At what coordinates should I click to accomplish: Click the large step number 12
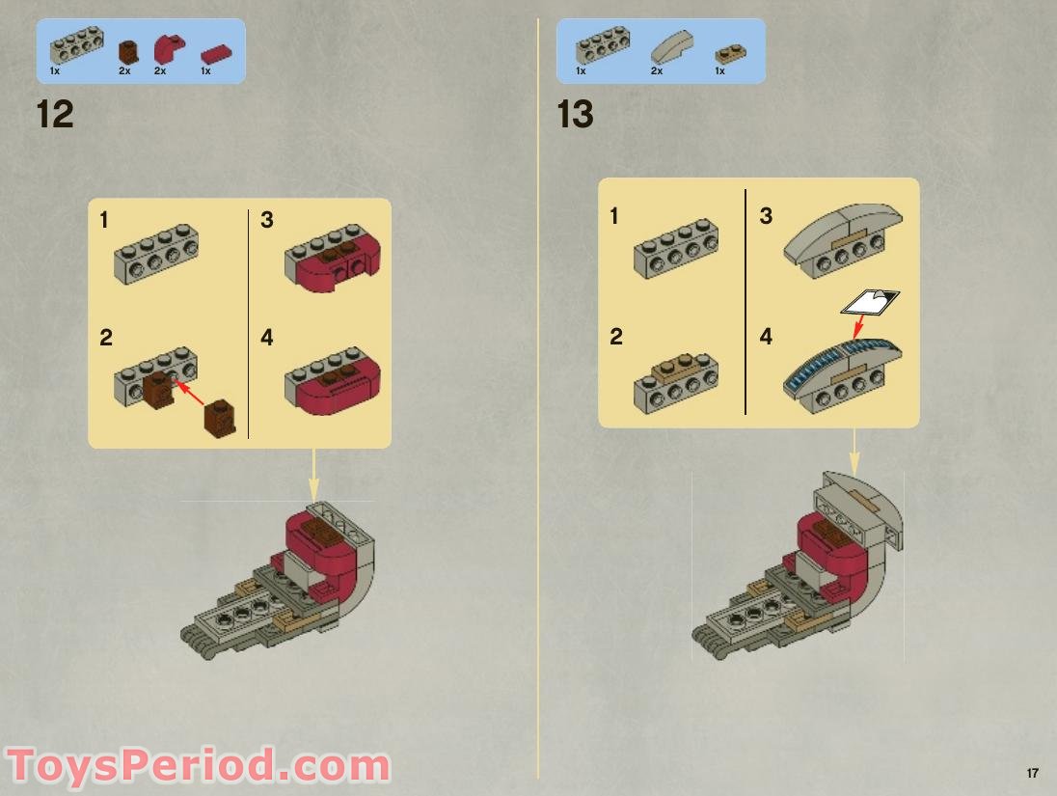pos(55,114)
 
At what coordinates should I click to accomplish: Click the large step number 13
pos(575,114)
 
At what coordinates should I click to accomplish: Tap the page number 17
pos(1032,773)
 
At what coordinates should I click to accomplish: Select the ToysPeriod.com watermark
pos(199,766)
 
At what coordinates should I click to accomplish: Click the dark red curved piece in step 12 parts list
pos(169,48)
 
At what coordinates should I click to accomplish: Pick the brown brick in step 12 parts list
pos(128,52)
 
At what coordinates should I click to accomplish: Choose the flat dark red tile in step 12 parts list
pos(216,54)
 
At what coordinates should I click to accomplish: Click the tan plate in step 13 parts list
pos(731,53)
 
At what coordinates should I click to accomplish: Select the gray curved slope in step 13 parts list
pos(671,47)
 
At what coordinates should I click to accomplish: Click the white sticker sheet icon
pos(870,302)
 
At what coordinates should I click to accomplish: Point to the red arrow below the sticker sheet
pos(859,326)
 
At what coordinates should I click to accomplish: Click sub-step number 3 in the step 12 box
pos(267,220)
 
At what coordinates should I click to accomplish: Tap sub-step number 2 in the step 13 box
pos(616,337)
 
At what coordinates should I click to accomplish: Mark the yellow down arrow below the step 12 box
pos(313,475)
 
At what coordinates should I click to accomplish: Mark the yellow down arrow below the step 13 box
pos(854,452)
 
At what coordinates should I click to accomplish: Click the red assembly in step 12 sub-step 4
pos(333,380)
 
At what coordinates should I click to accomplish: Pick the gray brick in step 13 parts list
pos(603,45)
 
